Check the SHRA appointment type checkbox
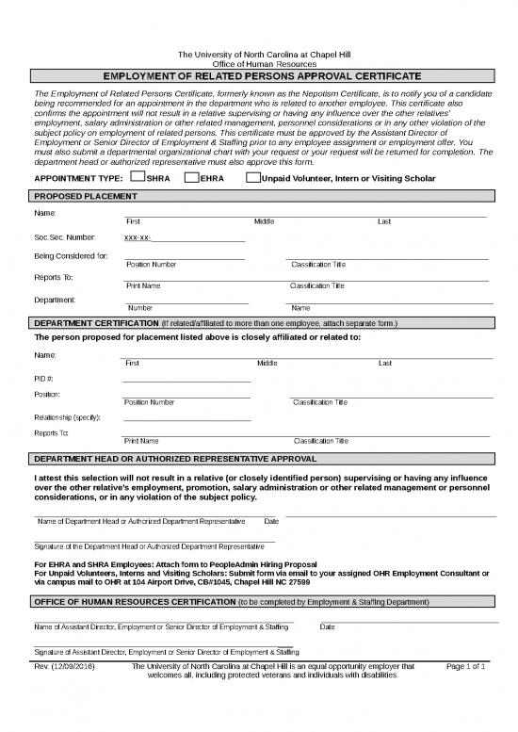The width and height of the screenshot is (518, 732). [138, 177]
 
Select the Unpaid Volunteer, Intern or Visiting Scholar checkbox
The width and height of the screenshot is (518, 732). [252, 177]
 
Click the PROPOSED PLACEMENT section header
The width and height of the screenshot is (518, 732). [86, 195]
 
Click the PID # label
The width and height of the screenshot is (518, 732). [44, 378]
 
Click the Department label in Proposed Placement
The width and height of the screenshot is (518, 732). [55, 300]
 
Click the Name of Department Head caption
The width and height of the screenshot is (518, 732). [141, 521]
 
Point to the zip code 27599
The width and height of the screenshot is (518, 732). [299, 582]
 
